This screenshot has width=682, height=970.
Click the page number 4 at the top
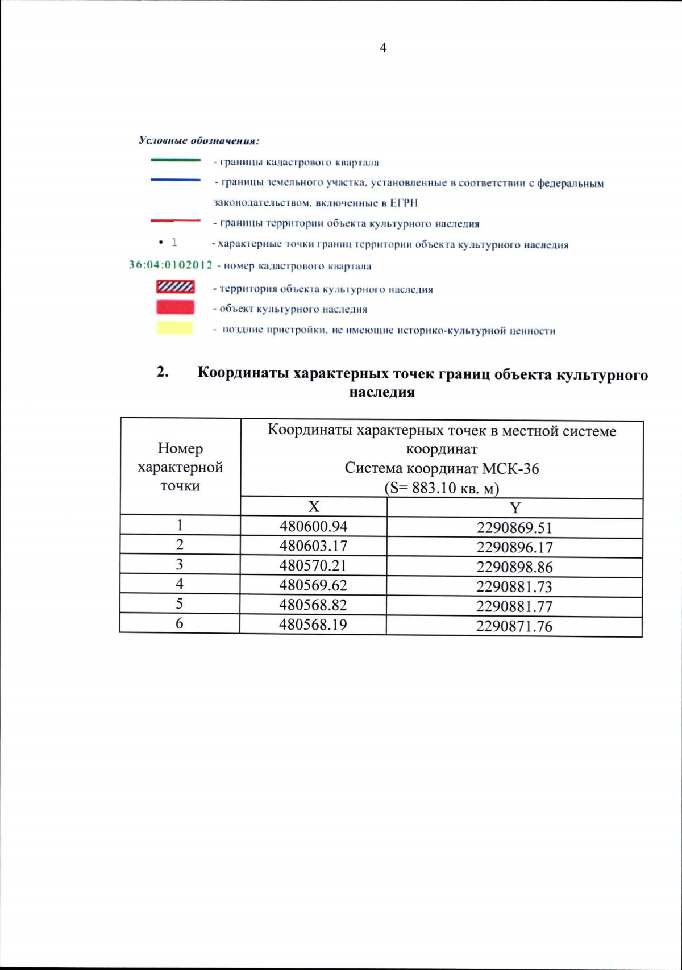tap(383, 48)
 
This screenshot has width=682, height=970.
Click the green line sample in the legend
tap(176, 160)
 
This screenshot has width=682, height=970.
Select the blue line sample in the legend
tap(176, 180)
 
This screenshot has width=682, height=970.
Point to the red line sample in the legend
tap(176, 220)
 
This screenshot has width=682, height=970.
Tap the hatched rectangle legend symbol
tap(176, 287)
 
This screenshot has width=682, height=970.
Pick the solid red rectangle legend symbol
tap(176, 307)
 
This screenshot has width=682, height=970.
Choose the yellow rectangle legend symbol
tap(175, 328)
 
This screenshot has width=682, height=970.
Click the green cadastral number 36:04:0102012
tap(170, 265)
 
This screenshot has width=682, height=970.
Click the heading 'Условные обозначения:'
tap(199, 140)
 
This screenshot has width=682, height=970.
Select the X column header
tap(314, 506)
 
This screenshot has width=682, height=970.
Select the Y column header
tap(515, 508)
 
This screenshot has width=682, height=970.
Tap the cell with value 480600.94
tap(313, 526)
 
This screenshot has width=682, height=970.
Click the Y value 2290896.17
tap(514, 548)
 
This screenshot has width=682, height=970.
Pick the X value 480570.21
tap(313, 566)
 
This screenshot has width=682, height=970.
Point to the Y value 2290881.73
tap(514, 586)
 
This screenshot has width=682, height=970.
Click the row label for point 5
tap(180, 603)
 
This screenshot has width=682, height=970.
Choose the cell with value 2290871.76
tap(514, 626)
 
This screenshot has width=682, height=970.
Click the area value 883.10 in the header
tap(434, 488)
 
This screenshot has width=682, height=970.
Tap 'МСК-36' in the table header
tap(510, 469)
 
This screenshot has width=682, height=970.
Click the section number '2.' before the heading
tap(163, 372)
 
